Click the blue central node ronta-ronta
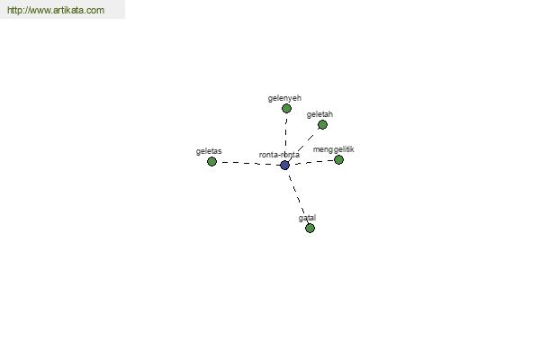[284, 165]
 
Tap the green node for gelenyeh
[286, 109]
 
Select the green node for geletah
[322, 125]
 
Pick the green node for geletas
[211, 161]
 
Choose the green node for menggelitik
[338, 159]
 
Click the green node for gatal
[310, 228]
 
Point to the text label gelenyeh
[284, 98]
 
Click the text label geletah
[319, 114]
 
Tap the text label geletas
[209, 151]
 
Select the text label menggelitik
[333, 150]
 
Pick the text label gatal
[307, 218]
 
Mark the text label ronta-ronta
[279, 155]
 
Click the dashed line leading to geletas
[248, 163]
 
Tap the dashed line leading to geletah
[303, 145]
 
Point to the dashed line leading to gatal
[297, 196]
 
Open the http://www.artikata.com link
[56, 10]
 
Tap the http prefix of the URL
[13, 10]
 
